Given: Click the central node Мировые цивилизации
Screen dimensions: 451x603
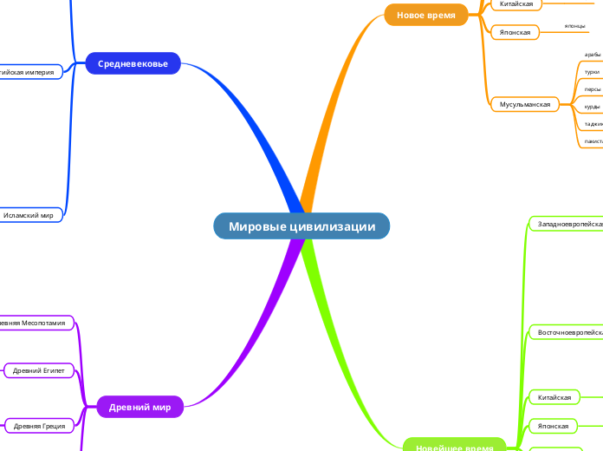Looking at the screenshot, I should (x=301, y=226).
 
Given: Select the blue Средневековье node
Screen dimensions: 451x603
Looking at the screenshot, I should (x=133, y=63).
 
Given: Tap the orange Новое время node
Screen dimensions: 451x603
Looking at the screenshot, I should (x=425, y=15).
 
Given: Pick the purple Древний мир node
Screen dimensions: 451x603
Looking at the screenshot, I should (x=139, y=406).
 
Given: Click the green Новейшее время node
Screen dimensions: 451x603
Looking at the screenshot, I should (x=454, y=446).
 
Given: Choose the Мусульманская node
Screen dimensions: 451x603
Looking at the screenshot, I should (x=525, y=104).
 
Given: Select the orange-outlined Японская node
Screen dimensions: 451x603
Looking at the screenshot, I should (x=515, y=32).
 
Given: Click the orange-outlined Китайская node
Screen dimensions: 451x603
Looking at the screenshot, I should (x=516, y=4).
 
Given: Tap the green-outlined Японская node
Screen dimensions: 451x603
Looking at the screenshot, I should (x=553, y=426).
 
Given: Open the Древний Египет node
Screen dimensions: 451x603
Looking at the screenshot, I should (x=39, y=370).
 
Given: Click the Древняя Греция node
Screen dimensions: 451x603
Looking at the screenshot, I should (x=39, y=425).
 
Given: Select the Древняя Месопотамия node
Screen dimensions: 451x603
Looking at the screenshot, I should (x=35, y=323).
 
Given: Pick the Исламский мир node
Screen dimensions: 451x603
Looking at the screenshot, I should (x=30, y=214).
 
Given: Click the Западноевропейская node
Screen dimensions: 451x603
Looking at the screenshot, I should (x=568, y=224).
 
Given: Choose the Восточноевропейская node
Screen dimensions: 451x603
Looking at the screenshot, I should (x=568, y=332).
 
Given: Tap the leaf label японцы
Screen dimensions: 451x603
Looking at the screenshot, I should (x=574, y=26).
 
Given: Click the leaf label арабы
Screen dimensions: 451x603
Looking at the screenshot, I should (x=593, y=55).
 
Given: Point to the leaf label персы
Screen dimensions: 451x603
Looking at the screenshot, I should (x=593, y=89).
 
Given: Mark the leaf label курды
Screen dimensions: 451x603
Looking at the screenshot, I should (x=593, y=107).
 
